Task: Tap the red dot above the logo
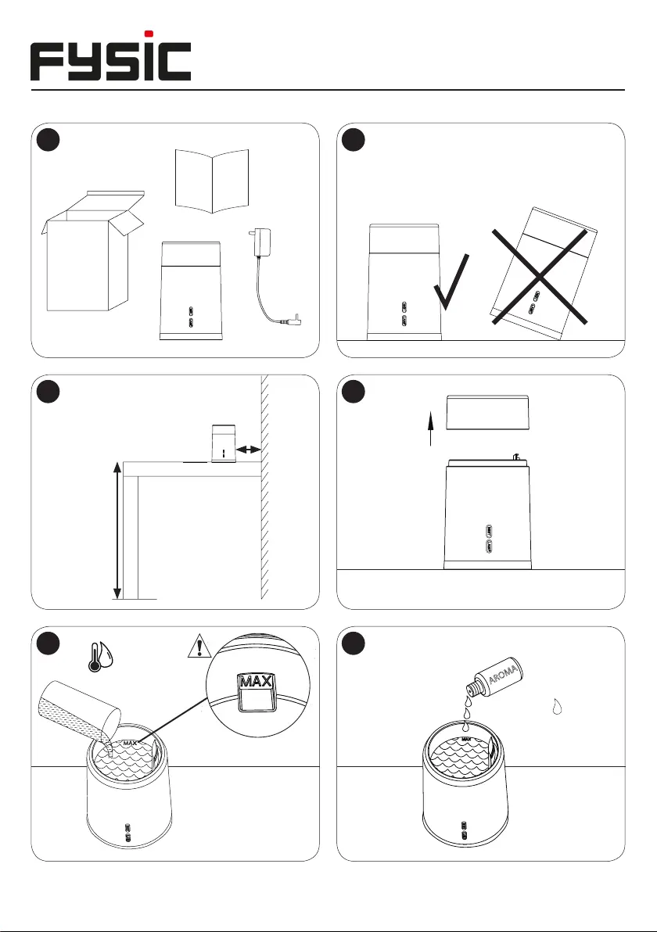[149, 34]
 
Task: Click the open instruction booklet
[212, 181]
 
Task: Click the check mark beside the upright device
[452, 282]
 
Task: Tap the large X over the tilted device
[540, 276]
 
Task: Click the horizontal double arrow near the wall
[249, 450]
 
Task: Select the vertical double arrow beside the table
[117, 531]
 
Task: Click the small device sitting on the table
[224, 443]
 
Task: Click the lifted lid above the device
[487, 413]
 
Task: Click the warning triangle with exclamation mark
[199, 646]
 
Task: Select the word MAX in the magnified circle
[257, 681]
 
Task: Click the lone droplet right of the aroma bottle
[557, 706]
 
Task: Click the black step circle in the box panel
[48, 140]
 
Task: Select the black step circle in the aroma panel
[354, 643]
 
